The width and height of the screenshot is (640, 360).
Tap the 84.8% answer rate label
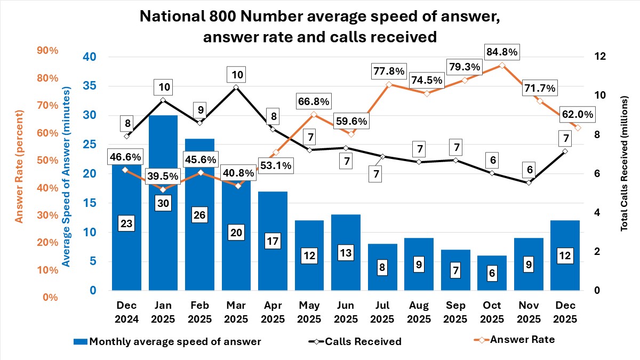[x=501, y=52]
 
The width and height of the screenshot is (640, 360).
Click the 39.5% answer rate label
[x=163, y=176]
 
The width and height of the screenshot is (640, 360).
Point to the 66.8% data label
[x=314, y=101]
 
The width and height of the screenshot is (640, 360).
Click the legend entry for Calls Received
[x=363, y=341]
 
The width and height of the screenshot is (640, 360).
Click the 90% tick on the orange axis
[x=47, y=51]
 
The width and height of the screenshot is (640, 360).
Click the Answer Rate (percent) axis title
[x=19, y=166]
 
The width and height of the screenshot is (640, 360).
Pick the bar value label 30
[x=163, y=203]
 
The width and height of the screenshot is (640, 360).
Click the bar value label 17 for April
[x=273, y=241]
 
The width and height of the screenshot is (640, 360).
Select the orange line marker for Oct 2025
[x=501, y=65]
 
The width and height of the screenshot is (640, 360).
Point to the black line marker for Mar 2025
[x=236, y=87]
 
